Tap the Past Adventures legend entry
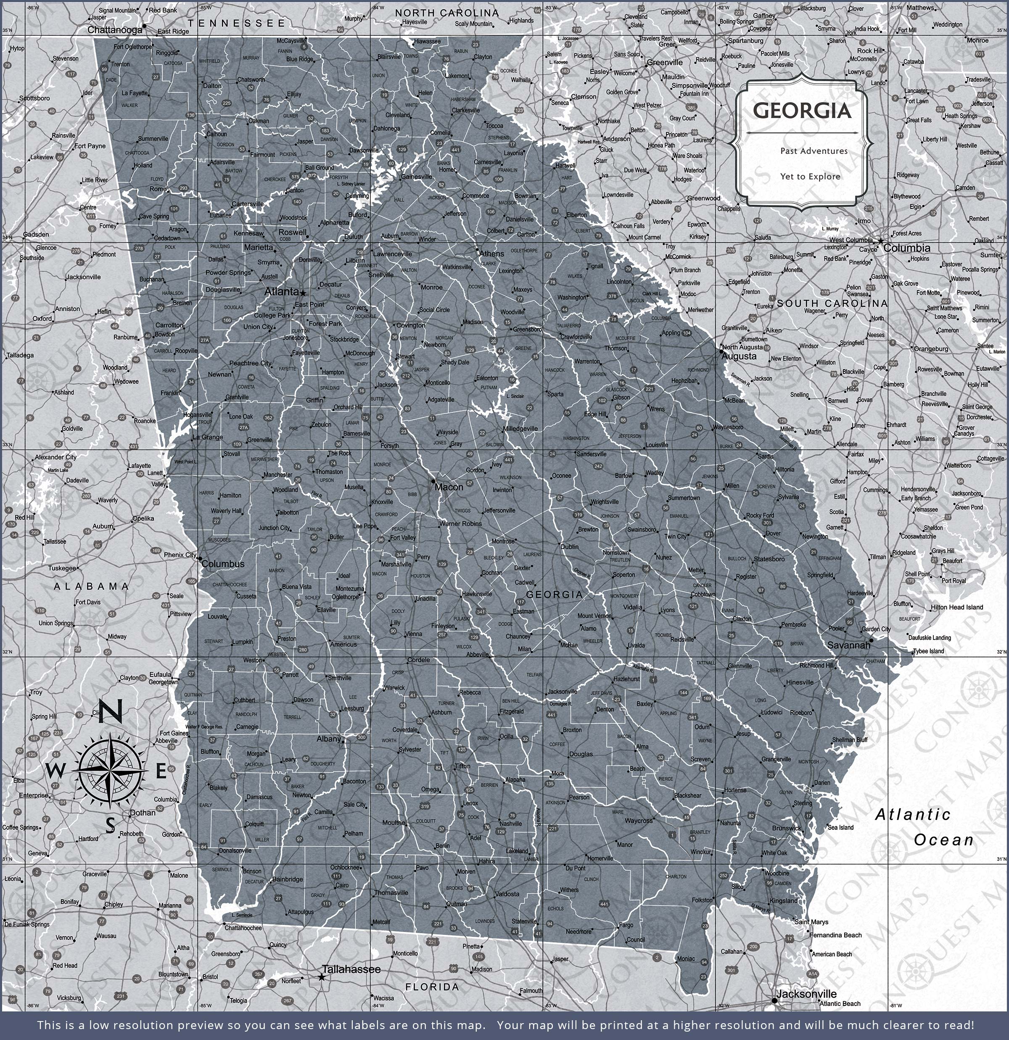(x=814, y=150)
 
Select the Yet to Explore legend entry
(x=810, y=176)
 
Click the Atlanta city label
(x=281, y=291)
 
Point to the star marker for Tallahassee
(x=322, y=977)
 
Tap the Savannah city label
(x=849, y=645)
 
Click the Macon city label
(x=449, y=486)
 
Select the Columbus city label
(x=223, y=564)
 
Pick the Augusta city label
(x=740, y=356)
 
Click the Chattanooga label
(x=115, y=30)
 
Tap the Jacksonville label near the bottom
(x=806, y=994)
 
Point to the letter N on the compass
(x=111, y=711)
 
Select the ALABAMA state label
(x=91, y=586)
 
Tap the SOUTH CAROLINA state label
(x=832, y=303)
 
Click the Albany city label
(x=328, y=739)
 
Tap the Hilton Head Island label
(x=956, y=607)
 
